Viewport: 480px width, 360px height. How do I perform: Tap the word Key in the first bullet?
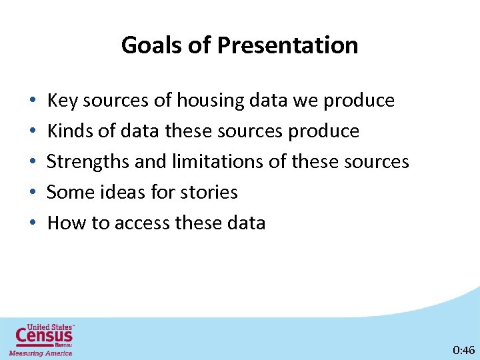coord(62,101)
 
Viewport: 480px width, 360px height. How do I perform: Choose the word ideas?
coord(125,193)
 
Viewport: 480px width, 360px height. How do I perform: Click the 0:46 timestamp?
coord(463,349)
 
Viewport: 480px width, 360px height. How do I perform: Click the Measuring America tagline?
coord(40,353)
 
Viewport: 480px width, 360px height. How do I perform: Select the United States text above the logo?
coord(50,327)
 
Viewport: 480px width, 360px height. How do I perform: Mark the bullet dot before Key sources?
coord(33,101)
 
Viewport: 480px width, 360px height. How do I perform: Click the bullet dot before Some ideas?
coord(33,193)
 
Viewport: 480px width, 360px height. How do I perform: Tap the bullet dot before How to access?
coord(33,224)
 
